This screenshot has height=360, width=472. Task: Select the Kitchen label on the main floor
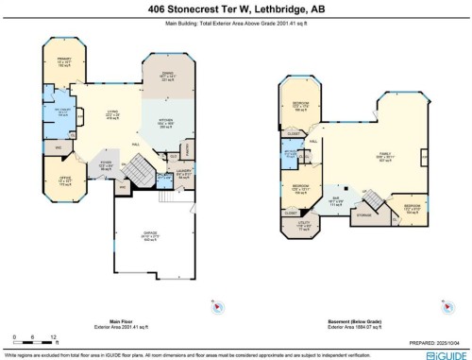pos(164,122)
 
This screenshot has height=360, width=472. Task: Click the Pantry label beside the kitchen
pos(187,146)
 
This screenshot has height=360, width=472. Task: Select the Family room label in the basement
pos(384,154)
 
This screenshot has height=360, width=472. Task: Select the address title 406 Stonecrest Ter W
pos(235,9)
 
